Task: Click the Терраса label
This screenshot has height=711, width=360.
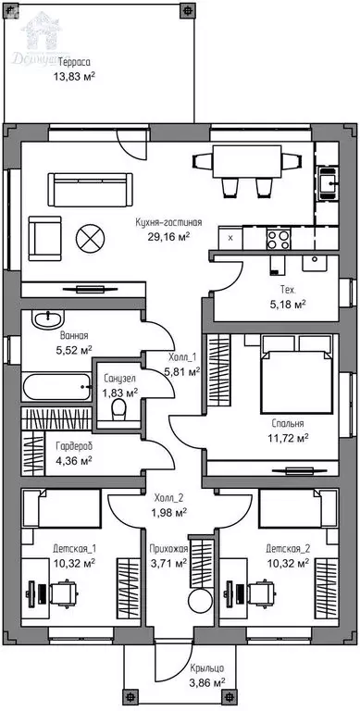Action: (x=74, y=62)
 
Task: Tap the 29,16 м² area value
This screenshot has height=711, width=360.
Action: (x=168, y=236)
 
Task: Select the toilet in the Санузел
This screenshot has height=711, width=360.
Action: (x=119, y=409)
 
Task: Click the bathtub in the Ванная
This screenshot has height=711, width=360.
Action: (x=56, y=387)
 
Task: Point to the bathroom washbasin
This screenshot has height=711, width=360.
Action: (x=46, y=319)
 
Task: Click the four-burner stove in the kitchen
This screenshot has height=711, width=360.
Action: (x=279, y=240)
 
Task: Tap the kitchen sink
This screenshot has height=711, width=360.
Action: (x=328, y=182)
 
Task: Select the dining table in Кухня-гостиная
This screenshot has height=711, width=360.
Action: (x=247, y=162)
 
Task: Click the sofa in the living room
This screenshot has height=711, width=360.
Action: (x=90, y=190)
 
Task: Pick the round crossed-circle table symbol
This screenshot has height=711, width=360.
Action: (x=90, y=239)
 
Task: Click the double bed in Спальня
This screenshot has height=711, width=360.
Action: (x=296, y=375)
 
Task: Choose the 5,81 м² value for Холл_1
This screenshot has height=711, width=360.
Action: (x=181, y=372)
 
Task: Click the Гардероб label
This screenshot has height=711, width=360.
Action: (x=74, y=446)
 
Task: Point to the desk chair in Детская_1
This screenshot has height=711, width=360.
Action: (x=64, y=592)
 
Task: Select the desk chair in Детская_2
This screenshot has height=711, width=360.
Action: (x=260, y=592)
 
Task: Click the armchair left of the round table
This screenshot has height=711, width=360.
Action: (x=44, y=239)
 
